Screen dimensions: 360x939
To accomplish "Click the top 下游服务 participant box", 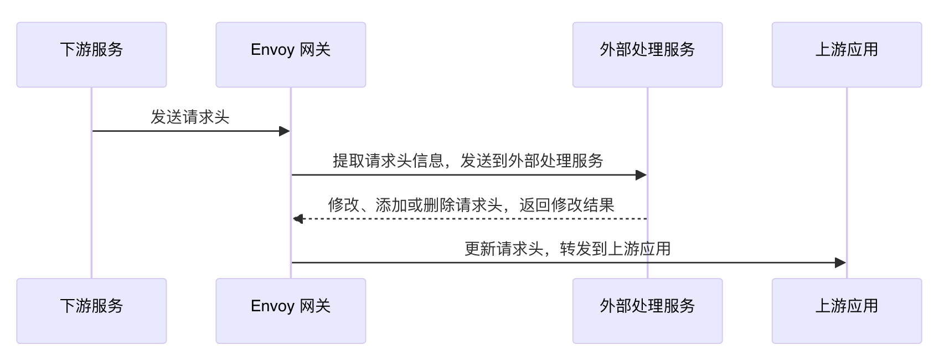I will pyautogui.click(x=91, y=55).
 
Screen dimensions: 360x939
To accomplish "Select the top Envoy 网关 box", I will pyautogui.click(x=291, y=55).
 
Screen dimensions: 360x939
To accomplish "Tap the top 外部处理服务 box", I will pyautogui.click(x=647, y=55).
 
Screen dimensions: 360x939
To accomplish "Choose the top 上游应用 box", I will pyautogui.click(x=847, y=55).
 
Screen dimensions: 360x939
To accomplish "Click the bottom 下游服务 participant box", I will pyautogui.click(x=91, y=311).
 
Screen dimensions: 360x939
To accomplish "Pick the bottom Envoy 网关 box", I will pyautogui.click(x=291, y=311).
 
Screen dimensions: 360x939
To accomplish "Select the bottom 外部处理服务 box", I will pyautogui.click(x=647, y=311).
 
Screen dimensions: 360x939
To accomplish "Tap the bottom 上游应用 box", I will pyautogui.click(x=847, y=311).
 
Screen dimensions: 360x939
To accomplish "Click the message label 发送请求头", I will pyautogui.click(x=190, y=117).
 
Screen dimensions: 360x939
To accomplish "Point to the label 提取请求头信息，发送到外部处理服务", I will pyautogui.click(x=468, y=161).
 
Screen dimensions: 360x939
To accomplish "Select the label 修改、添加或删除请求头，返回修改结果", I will pyautogui.click(x=471, y=205).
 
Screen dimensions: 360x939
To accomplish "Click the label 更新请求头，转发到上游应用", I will pyautogui.click(x=567, y=249).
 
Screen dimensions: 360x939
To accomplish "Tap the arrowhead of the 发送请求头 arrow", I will pyautogui.click(x=285, y=131).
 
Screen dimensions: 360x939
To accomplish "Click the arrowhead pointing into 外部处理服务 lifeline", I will pyautogui.click(x=641, y=175).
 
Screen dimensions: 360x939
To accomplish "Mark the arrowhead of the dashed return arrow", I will pyautogui.click(x=298, y=219).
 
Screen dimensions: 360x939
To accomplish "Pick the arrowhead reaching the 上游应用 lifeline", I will pyautogui.click(x=840, y=263).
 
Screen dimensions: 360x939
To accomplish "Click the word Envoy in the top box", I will pyautogui.click(x=272, y=50).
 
